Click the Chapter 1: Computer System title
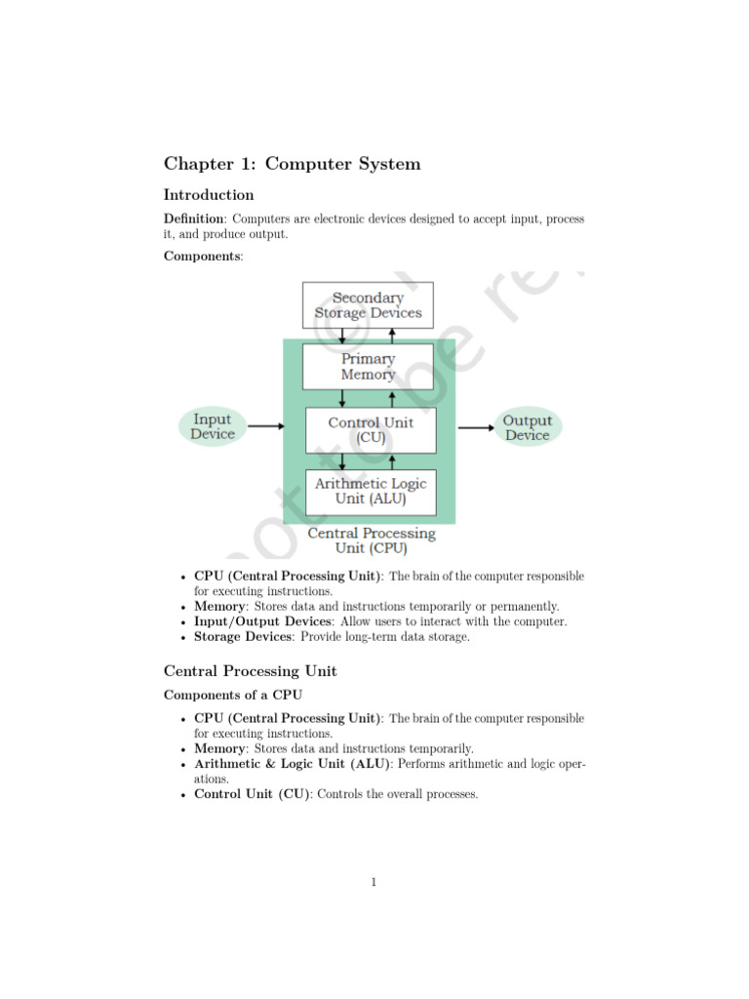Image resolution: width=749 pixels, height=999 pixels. coord(292,164)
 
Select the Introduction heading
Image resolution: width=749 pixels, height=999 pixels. coord(209,195)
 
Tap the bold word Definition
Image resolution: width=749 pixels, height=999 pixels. coord(193,220)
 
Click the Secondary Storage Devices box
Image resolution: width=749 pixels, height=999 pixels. coord(368,305)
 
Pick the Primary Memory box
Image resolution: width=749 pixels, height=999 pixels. coord(368,366)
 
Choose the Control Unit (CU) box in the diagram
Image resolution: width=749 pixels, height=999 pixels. coord(371,430)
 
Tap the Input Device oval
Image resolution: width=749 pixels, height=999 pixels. coord(212,427)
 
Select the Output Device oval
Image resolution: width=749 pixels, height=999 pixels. coord(528,427)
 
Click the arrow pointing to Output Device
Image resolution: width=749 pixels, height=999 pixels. coord(477,426)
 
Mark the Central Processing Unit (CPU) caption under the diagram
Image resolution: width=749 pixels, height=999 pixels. coord(372,540)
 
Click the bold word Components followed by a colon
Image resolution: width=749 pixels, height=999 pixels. coord(204,256)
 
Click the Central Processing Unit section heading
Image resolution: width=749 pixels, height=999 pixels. coord(250,671)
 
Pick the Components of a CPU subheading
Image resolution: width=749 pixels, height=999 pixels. coord(233,695)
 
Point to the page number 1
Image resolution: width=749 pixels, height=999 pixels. coord(374,883)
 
